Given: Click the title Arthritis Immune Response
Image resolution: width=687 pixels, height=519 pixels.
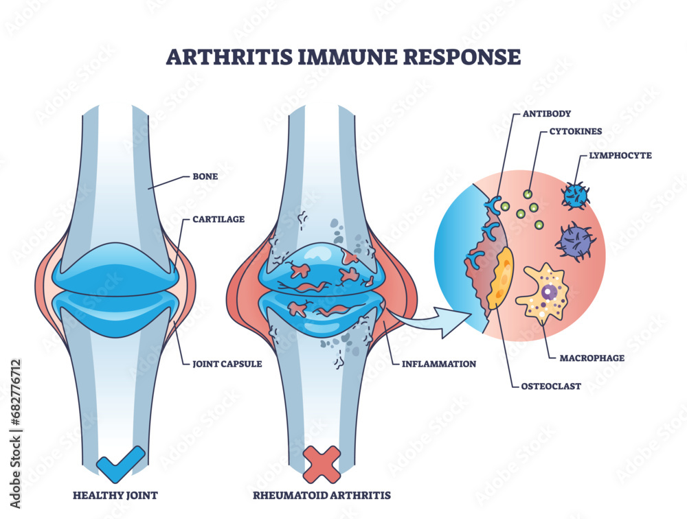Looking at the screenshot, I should click(343, 56).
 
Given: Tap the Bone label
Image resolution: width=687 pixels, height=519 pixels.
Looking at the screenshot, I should click(205, 176).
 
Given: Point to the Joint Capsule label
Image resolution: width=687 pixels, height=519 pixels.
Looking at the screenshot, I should click(227, 364).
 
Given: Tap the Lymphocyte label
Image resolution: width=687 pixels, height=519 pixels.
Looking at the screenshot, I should click(620, 156).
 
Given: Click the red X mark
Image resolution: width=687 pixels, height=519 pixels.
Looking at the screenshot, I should click(322, 463).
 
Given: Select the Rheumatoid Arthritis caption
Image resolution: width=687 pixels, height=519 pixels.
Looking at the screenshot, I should click(322, 494).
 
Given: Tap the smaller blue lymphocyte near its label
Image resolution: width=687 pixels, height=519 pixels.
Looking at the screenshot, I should click(575, 195).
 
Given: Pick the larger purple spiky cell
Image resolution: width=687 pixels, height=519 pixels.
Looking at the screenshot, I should click(576, 241).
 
